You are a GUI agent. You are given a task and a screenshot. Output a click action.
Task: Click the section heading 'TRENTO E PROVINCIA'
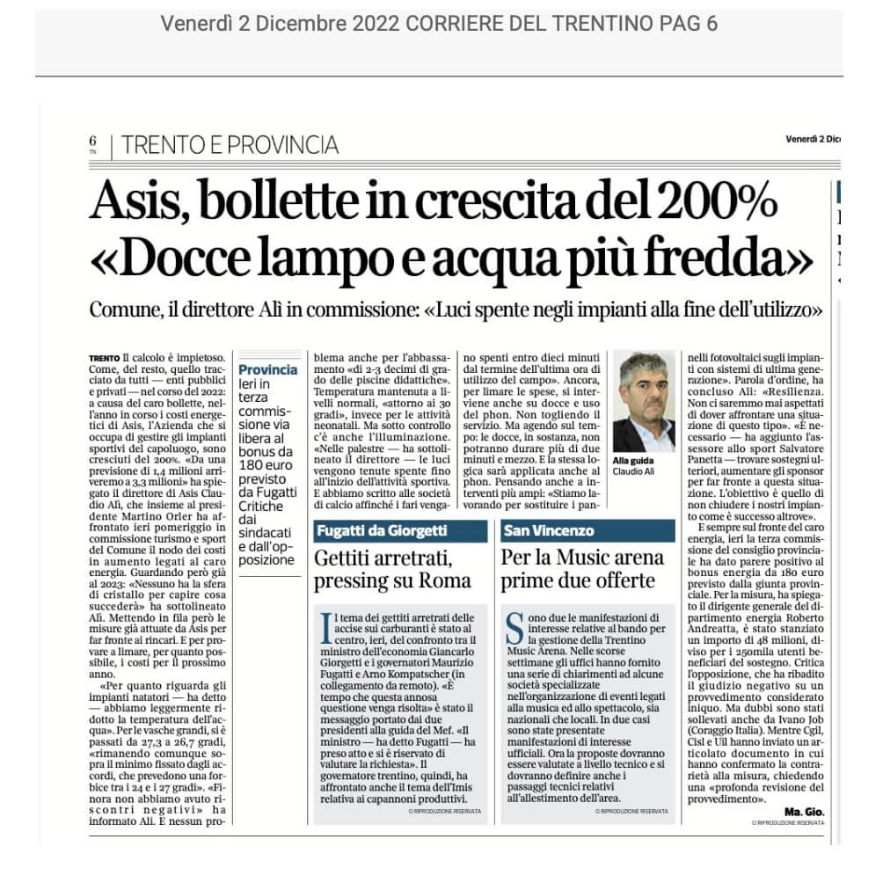point(229,144)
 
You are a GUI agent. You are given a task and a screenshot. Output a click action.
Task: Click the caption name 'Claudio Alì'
point(634,471)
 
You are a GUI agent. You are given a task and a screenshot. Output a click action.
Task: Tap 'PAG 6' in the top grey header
point(688,24)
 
